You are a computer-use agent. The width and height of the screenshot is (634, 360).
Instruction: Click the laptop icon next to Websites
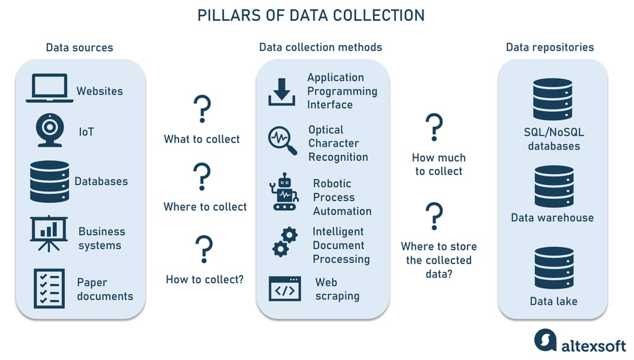point(49,88)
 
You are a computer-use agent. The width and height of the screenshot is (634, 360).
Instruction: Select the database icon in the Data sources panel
point(49,181)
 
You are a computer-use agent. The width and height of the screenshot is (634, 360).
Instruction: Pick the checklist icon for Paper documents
point(49,288)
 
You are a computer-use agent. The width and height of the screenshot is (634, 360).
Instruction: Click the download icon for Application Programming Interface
point(282,92)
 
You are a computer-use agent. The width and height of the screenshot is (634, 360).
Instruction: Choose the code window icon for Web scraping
point(285,288)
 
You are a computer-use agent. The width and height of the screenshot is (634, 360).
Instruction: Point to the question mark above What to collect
point(202,110)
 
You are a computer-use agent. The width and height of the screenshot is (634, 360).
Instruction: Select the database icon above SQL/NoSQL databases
point(553,100)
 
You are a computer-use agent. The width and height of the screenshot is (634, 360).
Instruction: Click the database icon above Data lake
point(553,268)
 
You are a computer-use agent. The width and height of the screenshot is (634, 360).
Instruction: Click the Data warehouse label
point(552,218)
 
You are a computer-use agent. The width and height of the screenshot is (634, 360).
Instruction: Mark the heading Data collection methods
point(320,47)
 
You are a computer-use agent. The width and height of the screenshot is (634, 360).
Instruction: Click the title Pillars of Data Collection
point(311,15)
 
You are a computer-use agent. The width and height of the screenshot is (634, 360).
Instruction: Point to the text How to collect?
point(205,280)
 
